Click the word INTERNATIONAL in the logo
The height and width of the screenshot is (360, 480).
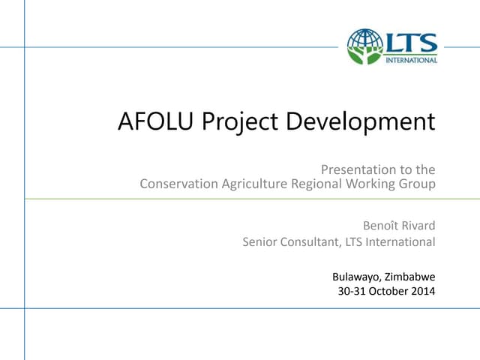(411, 59)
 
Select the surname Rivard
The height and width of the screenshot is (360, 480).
(418, 225)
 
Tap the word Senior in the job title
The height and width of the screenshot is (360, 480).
(260, 241)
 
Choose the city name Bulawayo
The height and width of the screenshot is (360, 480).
(356, 275)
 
